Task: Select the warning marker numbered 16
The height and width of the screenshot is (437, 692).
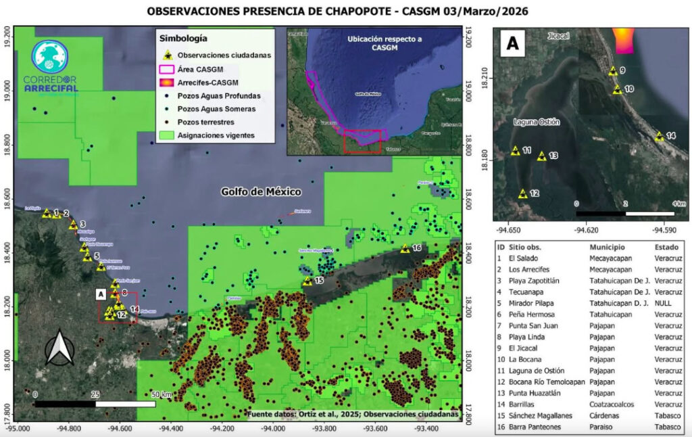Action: coord(404,249)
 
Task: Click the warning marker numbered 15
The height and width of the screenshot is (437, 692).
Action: coord(307,281)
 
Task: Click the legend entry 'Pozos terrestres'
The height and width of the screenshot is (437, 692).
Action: coord(205,122)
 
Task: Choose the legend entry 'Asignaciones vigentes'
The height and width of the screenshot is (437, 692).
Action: coord(216,135)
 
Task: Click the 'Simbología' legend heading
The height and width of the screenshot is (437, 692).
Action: coord(183,39)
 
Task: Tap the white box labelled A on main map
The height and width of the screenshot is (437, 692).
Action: coord(101,294)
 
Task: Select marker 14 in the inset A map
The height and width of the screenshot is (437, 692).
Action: coord(659,137)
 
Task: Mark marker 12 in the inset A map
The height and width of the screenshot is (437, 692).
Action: coord(522,194)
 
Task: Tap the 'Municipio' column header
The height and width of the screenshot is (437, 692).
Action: coord(608,248)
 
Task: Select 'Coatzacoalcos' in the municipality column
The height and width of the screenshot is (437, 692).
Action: coord(614,404)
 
